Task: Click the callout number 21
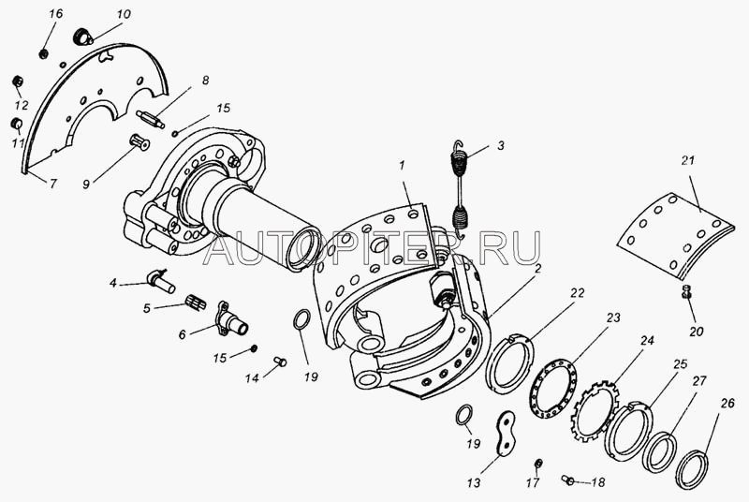point(687,161)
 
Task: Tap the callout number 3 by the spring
point(500,145)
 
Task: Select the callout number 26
point(727,404)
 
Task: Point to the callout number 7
point(52,183)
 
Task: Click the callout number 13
point(474,483)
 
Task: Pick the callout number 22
point(577,293)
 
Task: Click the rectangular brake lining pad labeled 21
point(675,235)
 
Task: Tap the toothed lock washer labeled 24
point(595,411)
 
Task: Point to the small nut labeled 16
point(43,53)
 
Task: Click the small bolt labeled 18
point(568,480)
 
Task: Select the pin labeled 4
point(160,282)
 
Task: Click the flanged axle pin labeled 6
point(230,319)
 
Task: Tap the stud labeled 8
point(150,119)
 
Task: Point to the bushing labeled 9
point(140,142)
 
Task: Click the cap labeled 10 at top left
point(83,37)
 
